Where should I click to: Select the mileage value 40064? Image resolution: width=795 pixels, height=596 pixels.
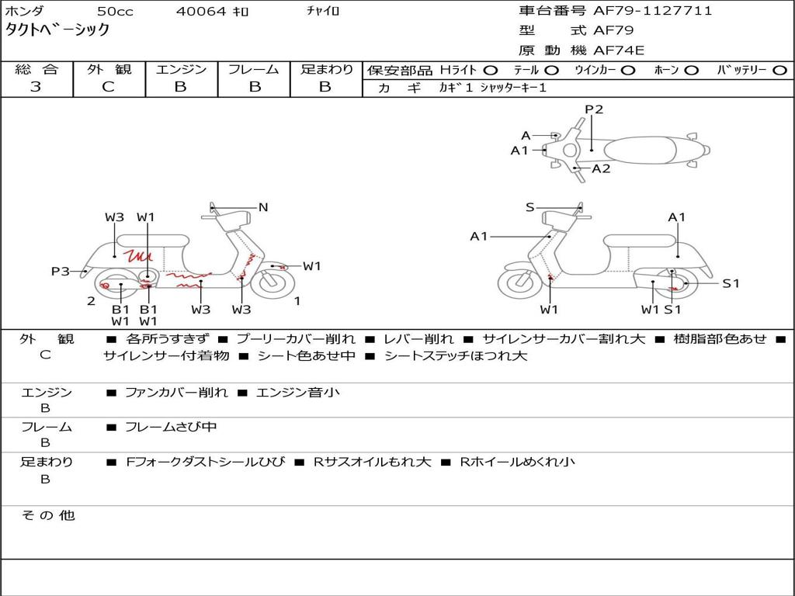click(x=201, y=12)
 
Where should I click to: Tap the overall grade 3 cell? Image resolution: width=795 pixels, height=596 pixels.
click(x=36, y=87)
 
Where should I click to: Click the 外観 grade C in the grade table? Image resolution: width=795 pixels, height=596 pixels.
click(x=108, y=87)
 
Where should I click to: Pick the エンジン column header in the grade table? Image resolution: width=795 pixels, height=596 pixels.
click(x=181, y=69)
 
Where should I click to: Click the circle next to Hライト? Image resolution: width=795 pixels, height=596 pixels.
click(x=491, y=70)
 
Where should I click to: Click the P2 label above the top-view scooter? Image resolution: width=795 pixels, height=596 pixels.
click(x=594, y=109)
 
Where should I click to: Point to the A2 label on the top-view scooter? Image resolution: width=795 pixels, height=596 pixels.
click(x=601, y=168)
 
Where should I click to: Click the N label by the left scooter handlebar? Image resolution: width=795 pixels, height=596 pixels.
click(x=263, y=207)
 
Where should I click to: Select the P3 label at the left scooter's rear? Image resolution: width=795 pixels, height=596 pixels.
click(x=60, y=271)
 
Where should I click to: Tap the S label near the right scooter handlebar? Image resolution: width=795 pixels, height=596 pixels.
click(x=530, y=207)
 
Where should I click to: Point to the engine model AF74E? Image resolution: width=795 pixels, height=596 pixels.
click(x=619, y=50)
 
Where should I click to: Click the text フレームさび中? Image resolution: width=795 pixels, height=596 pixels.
click(x=171, y=427)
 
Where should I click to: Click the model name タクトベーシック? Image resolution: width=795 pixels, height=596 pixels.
click(x=57, y=30)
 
